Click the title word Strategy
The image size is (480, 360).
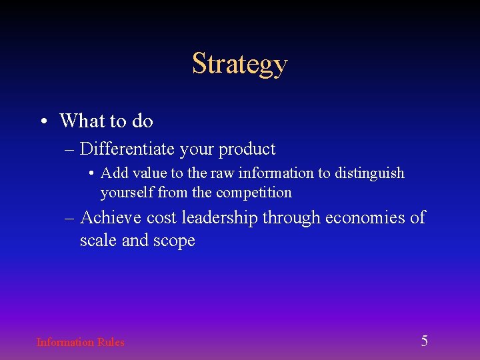coord(240,64)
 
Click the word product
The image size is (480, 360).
coord(247,149)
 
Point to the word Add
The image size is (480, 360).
coord(114,173)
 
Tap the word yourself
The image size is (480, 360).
coord(127,193)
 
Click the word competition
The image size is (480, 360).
coord(254,193)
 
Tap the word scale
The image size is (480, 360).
coord(98,240)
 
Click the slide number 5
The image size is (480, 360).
coord(424,341)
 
